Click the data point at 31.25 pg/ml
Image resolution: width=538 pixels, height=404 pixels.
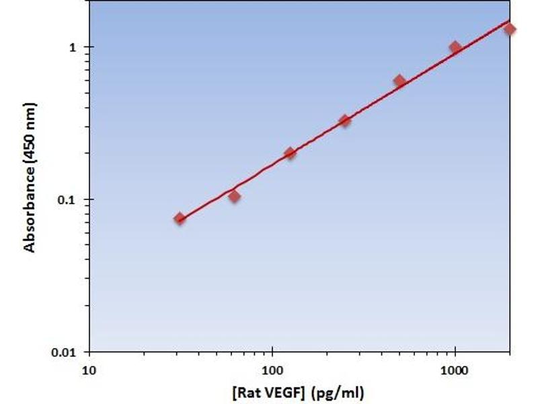tap(180, 218)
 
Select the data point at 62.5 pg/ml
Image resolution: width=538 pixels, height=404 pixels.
tap(235, 196)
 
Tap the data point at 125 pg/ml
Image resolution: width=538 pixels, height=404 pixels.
tap(290, 153)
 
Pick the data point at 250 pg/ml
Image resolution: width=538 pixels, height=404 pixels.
tap(345, 121)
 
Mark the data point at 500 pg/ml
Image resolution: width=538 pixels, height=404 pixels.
tap(400, 81)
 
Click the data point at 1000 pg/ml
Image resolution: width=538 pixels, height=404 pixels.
tap(455, 47)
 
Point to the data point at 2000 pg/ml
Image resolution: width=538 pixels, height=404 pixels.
tap(510, 29)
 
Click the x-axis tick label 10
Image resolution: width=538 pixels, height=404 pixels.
tap(89, 369)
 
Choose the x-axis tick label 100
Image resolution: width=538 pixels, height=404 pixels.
tap(272, 369)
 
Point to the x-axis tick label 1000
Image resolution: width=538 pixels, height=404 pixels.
tap(455, 369)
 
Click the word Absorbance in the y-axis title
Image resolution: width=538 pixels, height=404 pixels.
tap(30, 211)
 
